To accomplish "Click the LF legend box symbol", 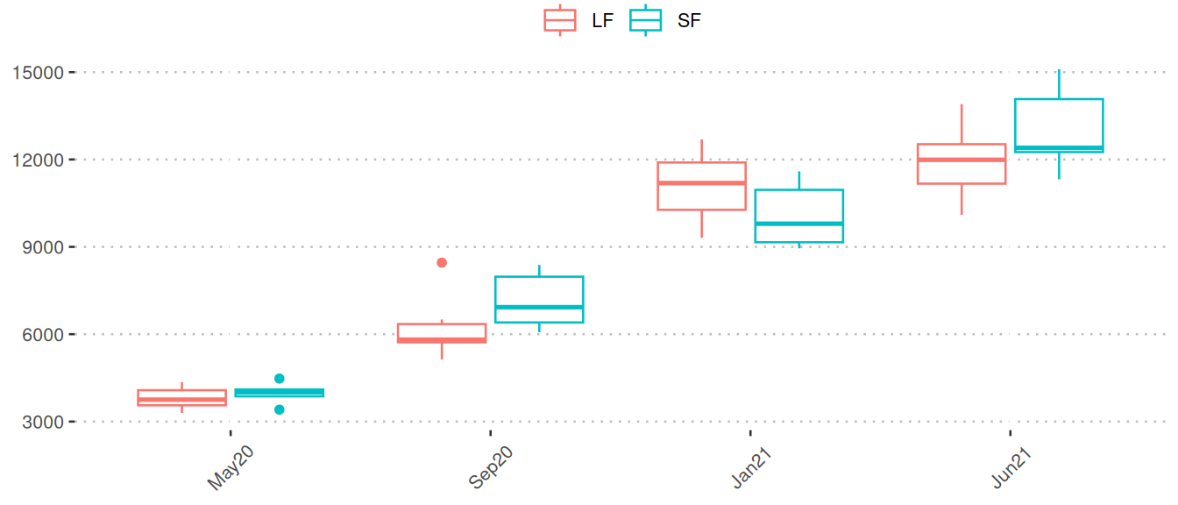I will point(560,20).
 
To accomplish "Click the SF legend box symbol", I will point(646,20).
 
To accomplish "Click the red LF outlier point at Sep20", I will point(442,263).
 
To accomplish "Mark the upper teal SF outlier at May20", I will point(280,379).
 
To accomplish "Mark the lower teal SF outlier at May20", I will point(280,409).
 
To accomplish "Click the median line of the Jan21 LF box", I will point(701,183).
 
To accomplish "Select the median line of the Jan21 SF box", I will point(798,224).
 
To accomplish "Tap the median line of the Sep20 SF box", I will point(539,307).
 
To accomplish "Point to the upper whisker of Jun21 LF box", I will point(962,124).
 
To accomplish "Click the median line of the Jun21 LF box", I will point(962,160).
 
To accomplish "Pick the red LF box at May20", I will point(182,397).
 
